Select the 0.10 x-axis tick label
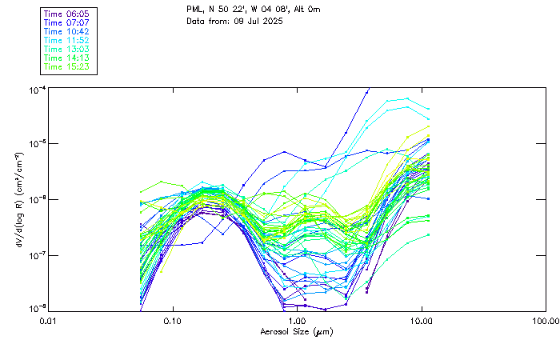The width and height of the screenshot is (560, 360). click(173, 321)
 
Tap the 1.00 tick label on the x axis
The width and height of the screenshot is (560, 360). click(297, 321)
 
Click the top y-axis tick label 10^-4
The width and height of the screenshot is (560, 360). click(36, 89)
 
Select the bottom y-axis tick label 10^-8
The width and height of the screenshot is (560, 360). click(36, 308)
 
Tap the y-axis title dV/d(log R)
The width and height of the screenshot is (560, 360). click(19, 199)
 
